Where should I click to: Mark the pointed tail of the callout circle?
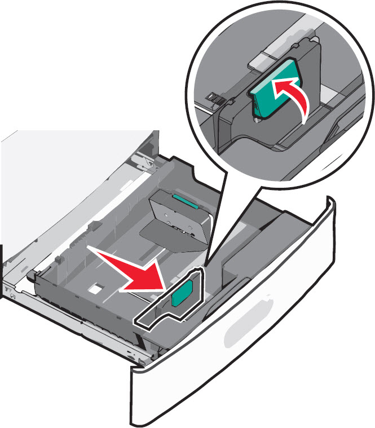(x=211, y=248)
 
